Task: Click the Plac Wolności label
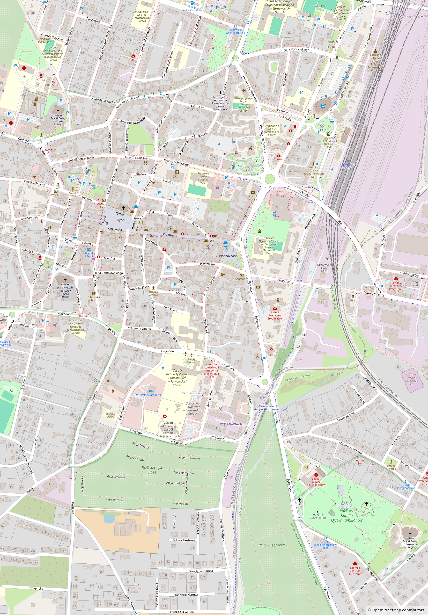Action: pyautogui.click(x=228, y=256)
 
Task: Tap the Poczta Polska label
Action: pyautogui.click(x=253, y=198)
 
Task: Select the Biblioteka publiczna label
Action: pyautogui.click(x=93, y=299)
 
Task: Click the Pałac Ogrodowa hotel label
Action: pyautogui.click(x=151, y=395)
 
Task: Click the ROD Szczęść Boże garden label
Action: pyautogui.click(x=152, y=469)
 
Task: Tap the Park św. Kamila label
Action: pyautogui.click(x=347, y=515)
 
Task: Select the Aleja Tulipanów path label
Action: pyautogui.click(x=189, y=458)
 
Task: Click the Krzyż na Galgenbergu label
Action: pyautogui.click(x=318, y=516)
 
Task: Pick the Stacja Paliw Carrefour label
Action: pyautogui.click(x=192, y=9)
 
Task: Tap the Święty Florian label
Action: pyautogui.click(x=191, y=360)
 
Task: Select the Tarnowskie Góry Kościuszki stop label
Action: pyautogui.click(x=235, y=31)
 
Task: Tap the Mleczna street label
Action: pyautogui.click(x=109, y=258)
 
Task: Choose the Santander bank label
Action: pyautogui.click(x=241, y=279)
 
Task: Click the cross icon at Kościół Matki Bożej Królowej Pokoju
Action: pyautogui.click(x=58, y=111)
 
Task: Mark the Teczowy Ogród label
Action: pyautogui.click(x=110, y=415)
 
